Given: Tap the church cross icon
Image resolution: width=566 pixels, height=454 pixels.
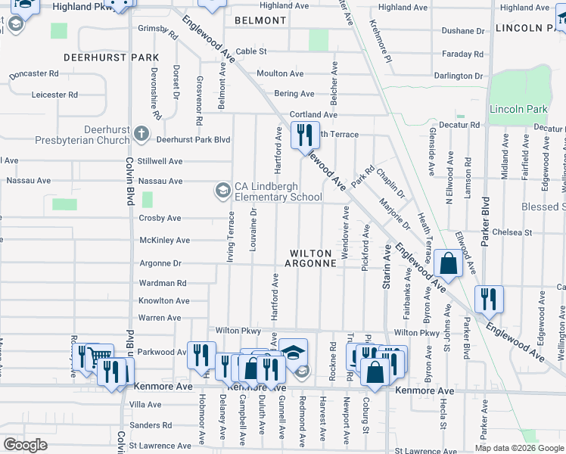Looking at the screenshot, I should [141, 135].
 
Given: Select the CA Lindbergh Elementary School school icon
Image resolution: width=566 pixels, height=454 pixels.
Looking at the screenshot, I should [222, 190].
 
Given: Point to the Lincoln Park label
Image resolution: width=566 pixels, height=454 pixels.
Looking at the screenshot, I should [518, 109].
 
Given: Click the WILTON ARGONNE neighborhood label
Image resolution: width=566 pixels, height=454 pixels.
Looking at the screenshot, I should [310, 258].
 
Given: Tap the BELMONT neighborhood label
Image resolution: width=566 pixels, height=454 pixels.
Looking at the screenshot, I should [262, 20].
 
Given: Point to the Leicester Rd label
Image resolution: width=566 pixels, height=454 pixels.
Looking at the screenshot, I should [54, 95].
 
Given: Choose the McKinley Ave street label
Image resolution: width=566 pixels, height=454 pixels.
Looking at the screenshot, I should [165, 241].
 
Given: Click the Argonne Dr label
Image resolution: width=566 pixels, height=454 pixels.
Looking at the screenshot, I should [160, 263].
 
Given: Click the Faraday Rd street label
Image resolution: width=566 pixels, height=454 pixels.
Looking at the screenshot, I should [462, 54].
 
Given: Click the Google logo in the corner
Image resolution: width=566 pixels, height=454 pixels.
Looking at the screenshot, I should [25, 444].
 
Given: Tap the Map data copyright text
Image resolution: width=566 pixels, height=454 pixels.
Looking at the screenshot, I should [518, 448].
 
